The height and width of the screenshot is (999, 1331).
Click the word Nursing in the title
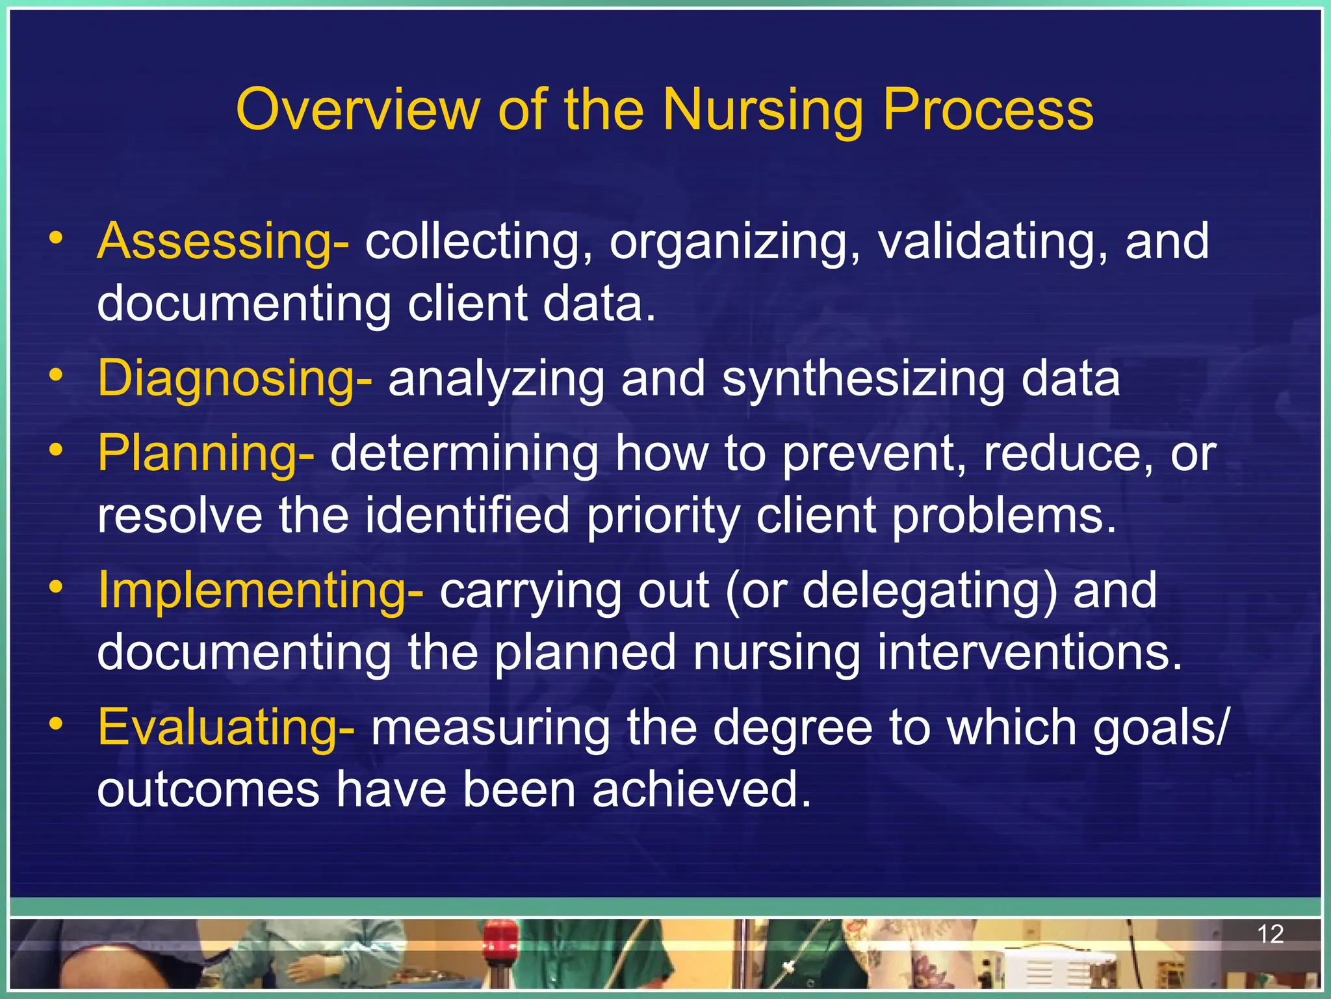(763, 111)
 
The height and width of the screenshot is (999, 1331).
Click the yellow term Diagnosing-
(235, 379)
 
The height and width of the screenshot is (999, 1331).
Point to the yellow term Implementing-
(260, 591)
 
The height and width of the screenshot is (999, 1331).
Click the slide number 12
(1270, 935)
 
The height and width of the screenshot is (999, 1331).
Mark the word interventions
(1029, 653)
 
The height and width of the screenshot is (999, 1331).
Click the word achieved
(702, 790)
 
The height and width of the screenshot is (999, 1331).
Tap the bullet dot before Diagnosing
(57, 375)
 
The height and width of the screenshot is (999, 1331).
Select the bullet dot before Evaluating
(57, 724)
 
